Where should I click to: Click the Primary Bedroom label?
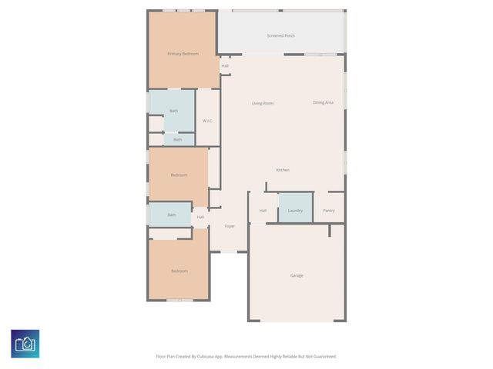point(183,53)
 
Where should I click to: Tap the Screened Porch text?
point(281,35)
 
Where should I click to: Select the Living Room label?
point(263,103)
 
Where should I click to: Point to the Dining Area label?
point(323,102)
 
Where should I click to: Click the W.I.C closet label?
point(207,121)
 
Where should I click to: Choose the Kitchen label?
point(283,170)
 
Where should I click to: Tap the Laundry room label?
point(295,210)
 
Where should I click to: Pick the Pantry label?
point(329,210)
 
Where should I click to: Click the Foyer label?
point(230,226)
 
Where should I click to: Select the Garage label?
point(297,275)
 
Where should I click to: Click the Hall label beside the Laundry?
point(263,210)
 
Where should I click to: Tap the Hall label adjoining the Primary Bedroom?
point(225,65)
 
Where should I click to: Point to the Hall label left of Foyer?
point(200,217)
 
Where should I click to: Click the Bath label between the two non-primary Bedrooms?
point(172,214)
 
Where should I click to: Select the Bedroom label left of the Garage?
point(179,271)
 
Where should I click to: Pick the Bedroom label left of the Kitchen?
point(179,175)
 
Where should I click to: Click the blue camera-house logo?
point(25,344)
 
